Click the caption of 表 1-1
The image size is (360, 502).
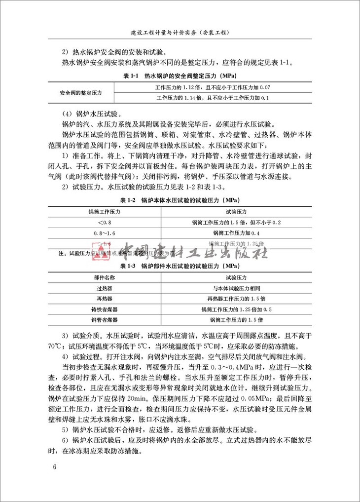pos(180,77)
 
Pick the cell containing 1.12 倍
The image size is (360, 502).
pos(213,87)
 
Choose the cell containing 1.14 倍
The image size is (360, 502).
pos(213,98)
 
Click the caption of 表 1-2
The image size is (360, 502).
pos(180,201)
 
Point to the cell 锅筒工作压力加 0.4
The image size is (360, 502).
pos(236,233)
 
